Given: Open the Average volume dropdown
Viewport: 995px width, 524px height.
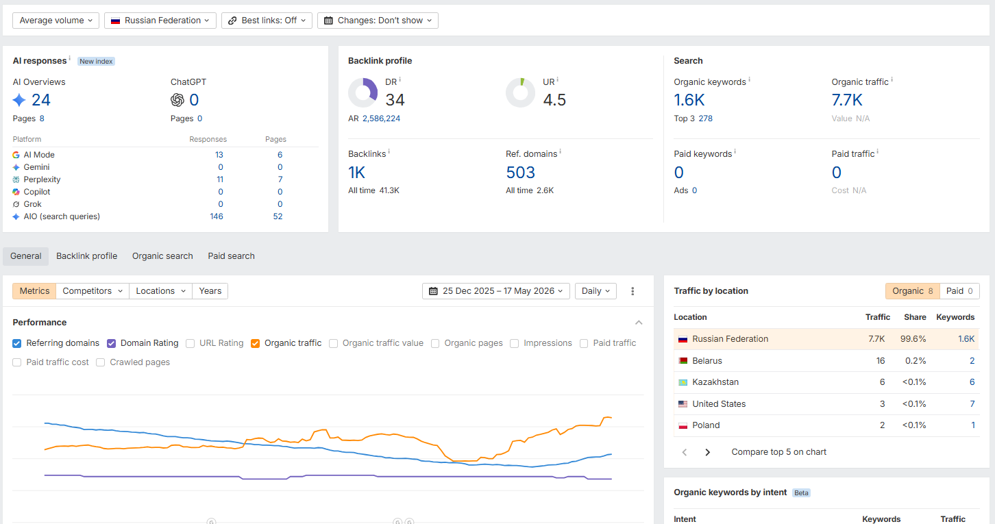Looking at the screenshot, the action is [56, 21].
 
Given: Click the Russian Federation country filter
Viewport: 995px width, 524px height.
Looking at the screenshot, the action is [160, 21].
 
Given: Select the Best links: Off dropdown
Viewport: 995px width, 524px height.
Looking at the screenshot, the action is [267, 21].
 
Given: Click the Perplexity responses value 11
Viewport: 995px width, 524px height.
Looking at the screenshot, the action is [220, 179].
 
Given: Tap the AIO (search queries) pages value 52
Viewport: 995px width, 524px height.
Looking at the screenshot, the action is [278, 216].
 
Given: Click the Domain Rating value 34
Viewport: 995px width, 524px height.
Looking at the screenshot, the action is [395, 100].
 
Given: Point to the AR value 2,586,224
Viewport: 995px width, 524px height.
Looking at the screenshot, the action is [381, 118].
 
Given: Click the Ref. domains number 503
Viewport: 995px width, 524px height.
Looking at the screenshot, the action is [520, 173].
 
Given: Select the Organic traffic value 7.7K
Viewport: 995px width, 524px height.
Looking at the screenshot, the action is [846, 100].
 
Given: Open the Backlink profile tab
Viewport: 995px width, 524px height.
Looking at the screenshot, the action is [86, 256].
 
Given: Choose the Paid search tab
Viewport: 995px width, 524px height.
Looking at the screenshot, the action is [231, 256].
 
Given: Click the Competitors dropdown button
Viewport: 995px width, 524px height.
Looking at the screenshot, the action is [93, 291].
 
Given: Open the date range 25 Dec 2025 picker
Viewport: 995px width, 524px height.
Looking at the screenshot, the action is [495, 291].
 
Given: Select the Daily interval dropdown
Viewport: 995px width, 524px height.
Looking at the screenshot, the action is [595, 291].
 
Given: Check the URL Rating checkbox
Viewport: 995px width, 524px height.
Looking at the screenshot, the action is [190, 343].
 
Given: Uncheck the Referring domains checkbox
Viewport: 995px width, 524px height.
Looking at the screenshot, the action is [17, 343].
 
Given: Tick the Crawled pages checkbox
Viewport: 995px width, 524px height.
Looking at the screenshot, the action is [100, 362].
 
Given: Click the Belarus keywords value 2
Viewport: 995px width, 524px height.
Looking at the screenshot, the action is [972, 360].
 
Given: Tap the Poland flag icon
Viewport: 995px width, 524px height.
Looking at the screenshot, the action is [683, 425].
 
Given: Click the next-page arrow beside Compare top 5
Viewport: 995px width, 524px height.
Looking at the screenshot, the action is [708, 452].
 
